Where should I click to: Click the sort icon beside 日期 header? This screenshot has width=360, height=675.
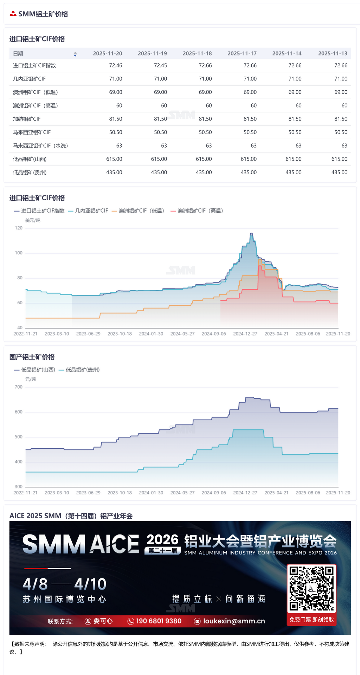point(75,54)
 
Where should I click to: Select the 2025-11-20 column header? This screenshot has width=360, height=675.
point(107,54)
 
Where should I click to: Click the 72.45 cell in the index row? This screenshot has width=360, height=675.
point(160,66)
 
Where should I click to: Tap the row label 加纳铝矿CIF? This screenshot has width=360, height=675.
point(27,119)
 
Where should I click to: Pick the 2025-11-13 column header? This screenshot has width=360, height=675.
point(332,54)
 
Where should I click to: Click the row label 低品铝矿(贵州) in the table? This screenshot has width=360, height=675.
point(30,173)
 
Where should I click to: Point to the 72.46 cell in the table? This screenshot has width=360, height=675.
point(115,66)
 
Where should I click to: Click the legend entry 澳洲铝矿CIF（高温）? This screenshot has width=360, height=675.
point(197,211)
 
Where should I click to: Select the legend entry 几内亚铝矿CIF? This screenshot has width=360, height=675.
point(88,211)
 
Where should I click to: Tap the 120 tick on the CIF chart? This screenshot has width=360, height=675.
point(19,228)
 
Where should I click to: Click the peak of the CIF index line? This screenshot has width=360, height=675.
point(251,233)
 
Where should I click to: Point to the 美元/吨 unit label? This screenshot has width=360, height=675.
point(33,220)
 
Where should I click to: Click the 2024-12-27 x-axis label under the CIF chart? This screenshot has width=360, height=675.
point(245,334)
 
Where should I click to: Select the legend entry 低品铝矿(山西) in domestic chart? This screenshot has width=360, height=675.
point(35,370)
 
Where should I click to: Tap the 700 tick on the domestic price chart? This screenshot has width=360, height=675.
point(19,387)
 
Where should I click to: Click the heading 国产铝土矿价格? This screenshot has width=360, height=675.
point(32,357)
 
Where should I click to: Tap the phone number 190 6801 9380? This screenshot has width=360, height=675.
point(159,621)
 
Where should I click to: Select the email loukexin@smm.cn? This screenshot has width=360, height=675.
point(234,621)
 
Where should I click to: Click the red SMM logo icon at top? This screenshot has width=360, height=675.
point(13,14)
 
